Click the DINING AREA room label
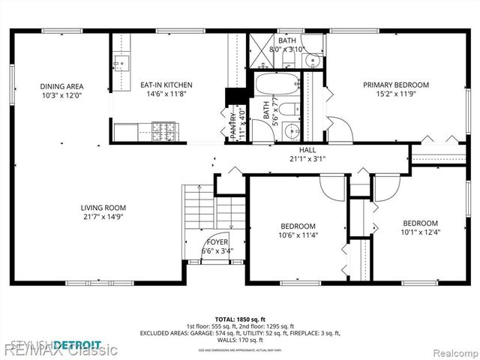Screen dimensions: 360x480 tap(61, 86)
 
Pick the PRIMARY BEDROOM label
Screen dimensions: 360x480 tap(396, 85)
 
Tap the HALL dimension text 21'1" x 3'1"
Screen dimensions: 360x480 tap(307, 159)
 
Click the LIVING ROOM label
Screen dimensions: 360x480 tap(103, 208)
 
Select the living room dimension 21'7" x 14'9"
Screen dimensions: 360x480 tap(103, 217)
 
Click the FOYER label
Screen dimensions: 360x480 tap(217, 241)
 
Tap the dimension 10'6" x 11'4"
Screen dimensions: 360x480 tap(298, 235)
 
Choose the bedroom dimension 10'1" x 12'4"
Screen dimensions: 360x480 tap(419, 232)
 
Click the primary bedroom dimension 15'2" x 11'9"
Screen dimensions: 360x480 tap(396, 94)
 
